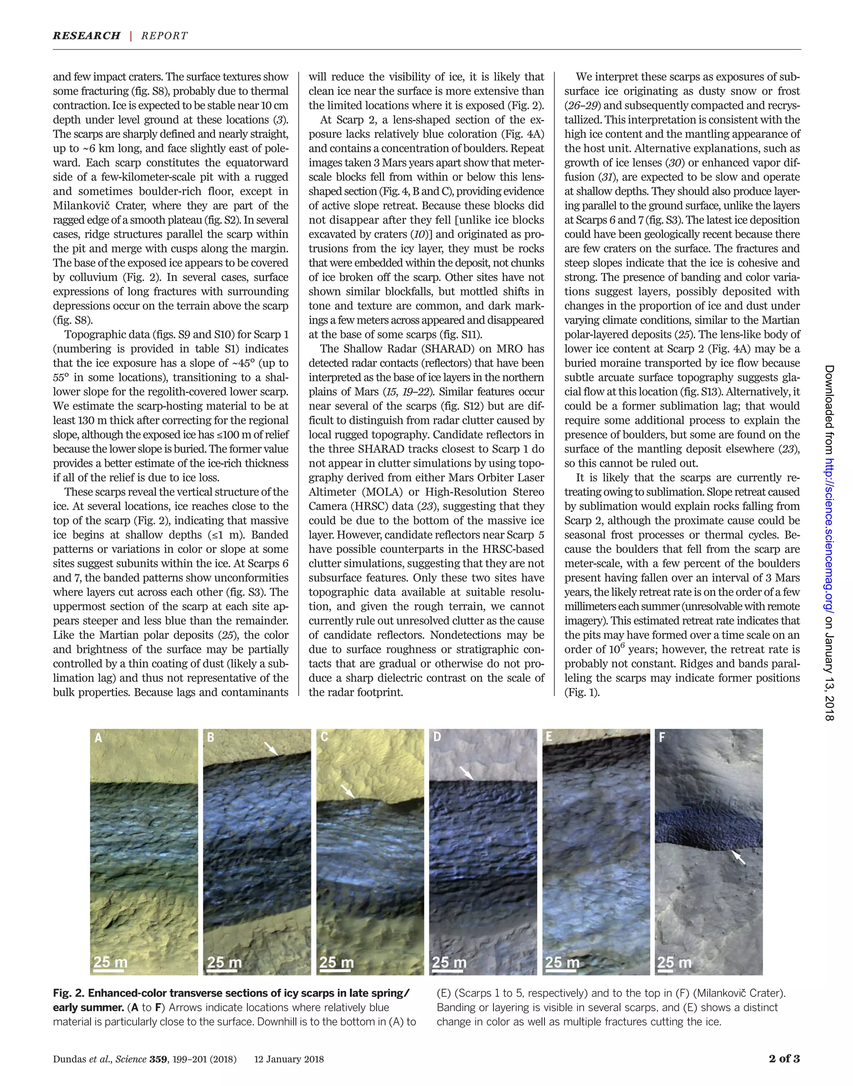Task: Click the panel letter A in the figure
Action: tap(98, 738)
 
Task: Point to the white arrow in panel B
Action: tap(271, 748)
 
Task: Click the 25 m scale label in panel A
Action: tap(110, 962)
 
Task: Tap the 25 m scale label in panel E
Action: tap(562, 962)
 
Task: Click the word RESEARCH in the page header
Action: tap(86, 36)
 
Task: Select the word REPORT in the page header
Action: tap(164, 36)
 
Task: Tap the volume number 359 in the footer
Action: tap(158, 1059)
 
